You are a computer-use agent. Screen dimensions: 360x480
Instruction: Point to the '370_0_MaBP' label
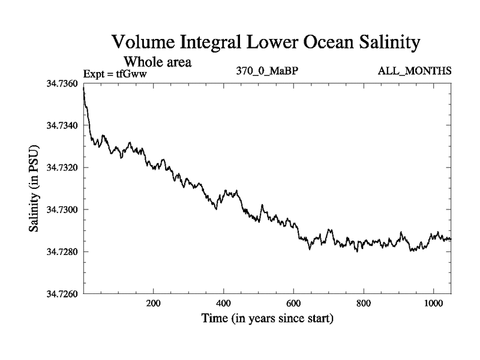268,71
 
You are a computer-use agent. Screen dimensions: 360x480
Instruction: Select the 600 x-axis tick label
293,303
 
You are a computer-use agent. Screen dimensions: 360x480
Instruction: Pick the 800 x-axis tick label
364,303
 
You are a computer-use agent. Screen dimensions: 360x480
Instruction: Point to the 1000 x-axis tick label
433,303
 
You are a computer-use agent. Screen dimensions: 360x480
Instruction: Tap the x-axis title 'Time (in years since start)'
267,319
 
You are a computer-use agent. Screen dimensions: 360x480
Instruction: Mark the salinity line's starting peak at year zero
84,88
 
